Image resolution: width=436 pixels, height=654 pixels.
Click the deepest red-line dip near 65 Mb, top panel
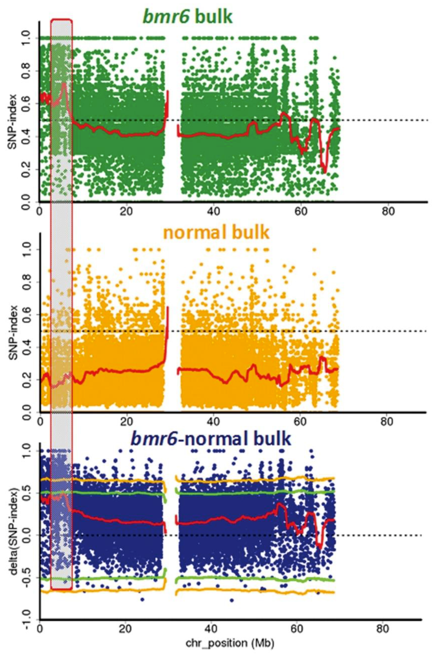[x=325, y=172]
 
